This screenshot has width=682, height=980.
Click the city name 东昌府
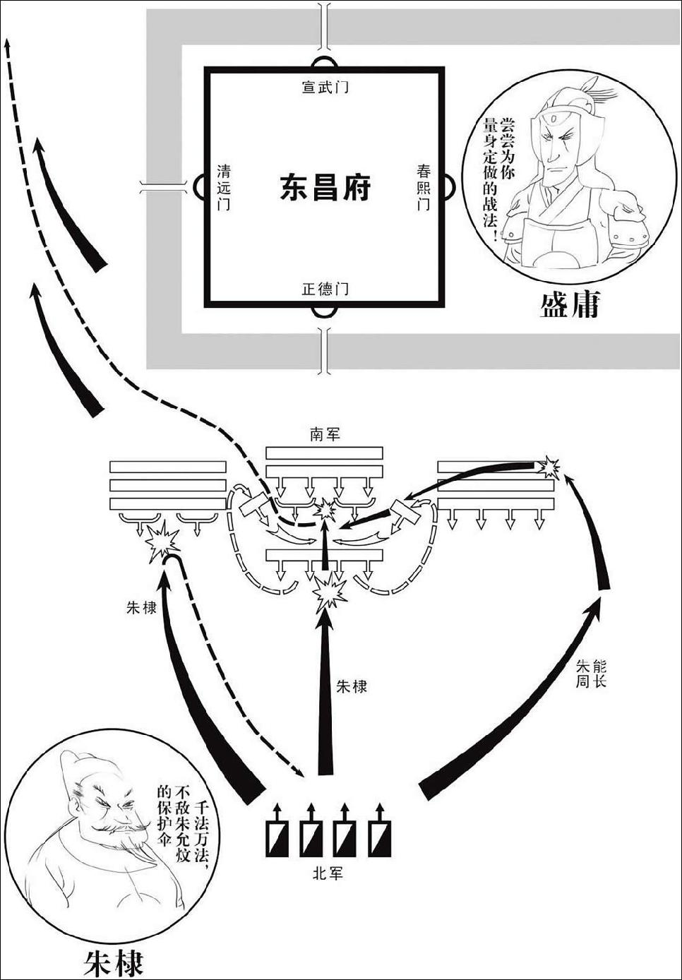(x=325, y=188)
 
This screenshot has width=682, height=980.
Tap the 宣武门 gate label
(x=325, y=88)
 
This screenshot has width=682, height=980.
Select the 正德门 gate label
(x=325, y=289)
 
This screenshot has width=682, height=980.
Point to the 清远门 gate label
(x=224, y=188)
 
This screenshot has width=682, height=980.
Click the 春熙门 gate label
(x=424, y=187)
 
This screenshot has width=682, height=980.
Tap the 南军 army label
(x=324, y=434)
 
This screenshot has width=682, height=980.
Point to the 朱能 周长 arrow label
(x=591, y=674)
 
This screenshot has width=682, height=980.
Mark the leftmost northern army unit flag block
(x=277, y=837)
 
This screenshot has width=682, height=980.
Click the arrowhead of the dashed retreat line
(x=7, y=44)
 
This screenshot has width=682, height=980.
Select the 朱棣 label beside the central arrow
(x=352, y=686)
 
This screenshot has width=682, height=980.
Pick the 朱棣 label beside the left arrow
(x=141, y=606)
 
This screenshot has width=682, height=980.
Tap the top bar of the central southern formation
(x=324, y=453)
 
